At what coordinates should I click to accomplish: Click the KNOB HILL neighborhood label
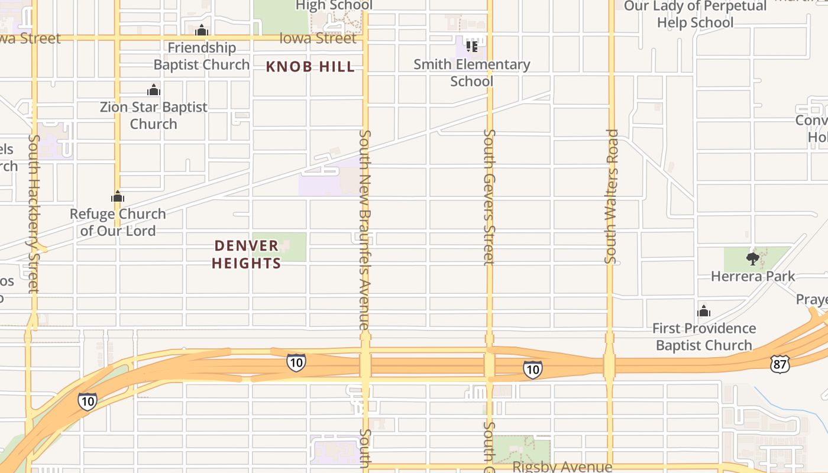310,67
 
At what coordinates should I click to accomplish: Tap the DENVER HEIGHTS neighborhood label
246,254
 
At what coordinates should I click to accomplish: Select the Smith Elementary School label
471,72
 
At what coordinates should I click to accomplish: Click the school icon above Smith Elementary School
471,46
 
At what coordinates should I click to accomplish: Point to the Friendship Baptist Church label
202,56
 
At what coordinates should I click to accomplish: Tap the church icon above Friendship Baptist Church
202,30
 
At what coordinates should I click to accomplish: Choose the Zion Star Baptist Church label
154,115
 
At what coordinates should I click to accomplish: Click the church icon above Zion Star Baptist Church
154,90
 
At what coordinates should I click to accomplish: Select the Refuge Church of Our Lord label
118,222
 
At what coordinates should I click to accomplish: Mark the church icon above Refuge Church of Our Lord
118,196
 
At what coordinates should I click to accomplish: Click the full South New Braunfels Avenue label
364,229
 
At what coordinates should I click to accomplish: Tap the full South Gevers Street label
489,197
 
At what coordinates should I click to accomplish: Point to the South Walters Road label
612,196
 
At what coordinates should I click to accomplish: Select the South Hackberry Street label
34,213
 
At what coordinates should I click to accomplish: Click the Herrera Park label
753,276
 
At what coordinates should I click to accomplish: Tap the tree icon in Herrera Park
753,258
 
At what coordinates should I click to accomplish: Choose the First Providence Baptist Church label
704,336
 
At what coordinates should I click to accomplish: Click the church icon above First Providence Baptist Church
704,311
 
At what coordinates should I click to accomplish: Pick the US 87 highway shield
780,364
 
